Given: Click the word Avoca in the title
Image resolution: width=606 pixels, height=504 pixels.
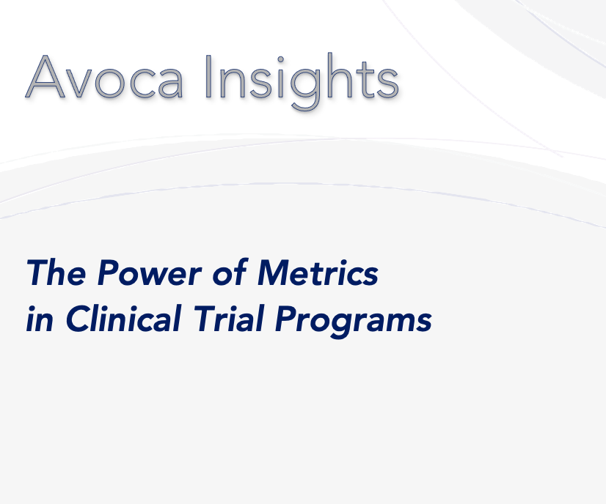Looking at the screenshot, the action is pos(104,76).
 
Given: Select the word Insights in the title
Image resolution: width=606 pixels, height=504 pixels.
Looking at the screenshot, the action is pos(302,81).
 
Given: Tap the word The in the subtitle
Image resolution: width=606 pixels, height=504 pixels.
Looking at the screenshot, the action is pos(56,273).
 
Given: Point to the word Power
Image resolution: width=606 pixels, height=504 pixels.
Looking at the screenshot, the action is pos(149,273).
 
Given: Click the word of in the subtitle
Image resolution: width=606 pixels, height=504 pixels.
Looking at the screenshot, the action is pos(230,272).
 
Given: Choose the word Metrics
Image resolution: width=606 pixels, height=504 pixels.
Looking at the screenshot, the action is pos(318,273).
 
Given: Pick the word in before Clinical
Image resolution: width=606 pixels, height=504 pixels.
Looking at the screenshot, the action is pos(40,319).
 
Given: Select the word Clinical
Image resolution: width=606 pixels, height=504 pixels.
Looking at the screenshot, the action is pos(123,318).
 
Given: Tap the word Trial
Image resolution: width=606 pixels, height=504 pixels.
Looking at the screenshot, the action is pos(229,318).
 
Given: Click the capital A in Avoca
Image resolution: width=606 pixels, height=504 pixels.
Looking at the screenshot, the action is pos(45,77).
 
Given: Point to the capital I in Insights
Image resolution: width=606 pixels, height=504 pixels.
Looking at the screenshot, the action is pos(208,77).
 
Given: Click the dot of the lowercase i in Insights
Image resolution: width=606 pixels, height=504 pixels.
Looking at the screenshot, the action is pos(280,59).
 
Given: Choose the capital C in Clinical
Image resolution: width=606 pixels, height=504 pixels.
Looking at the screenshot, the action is pos(79,319).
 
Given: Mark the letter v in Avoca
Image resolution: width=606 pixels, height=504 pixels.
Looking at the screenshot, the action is pos(78,84).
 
